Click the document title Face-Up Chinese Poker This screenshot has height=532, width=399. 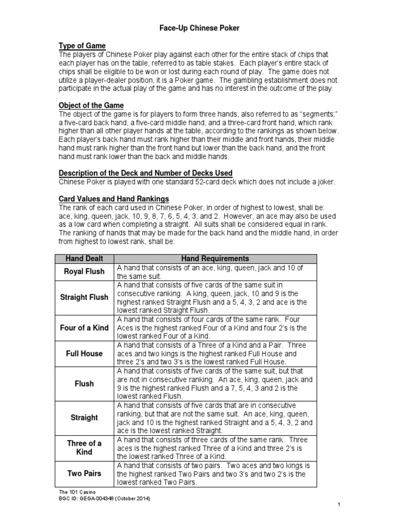(199, 28)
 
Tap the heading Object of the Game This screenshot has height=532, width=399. (91, 105)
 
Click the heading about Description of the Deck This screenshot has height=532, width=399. (145, 172)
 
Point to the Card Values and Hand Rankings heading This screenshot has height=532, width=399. (113, 198)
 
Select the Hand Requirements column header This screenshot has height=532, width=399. (215, 258)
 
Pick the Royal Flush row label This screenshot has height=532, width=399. (84, 271)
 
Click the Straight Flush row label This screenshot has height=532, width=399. (84, 297)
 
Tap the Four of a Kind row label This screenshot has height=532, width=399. (84, 327)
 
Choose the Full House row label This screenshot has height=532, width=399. (84, 353)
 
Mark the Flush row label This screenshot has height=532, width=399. (84, 383)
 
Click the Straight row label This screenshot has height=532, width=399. (84, 417)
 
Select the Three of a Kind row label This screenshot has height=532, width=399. (84, 447)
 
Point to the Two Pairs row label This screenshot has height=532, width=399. (84, 474)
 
